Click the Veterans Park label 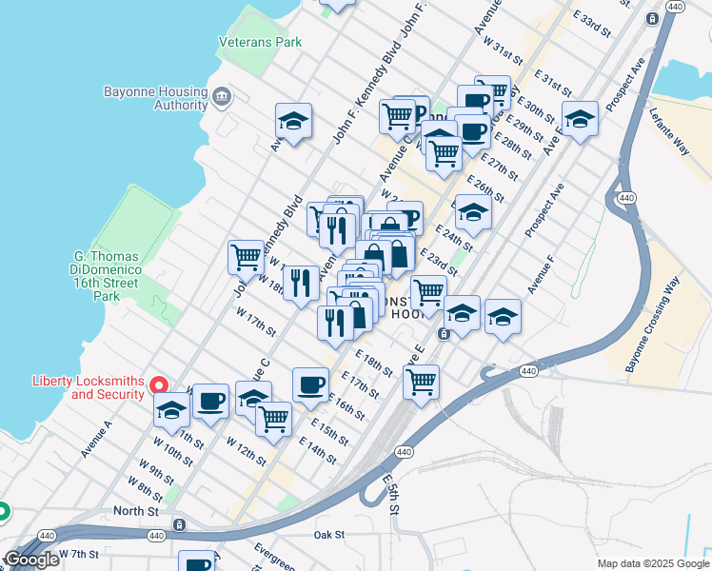[260, 42]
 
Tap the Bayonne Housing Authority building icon [222, 95]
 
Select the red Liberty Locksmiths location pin [160, 385]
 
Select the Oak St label [329, 535]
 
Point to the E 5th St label [392, 495]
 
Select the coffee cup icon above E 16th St [310, 384]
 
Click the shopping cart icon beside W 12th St [273, 418]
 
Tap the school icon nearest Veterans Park [294, 120]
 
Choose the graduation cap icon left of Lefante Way [580, 119]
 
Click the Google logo [31, 560]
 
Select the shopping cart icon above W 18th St [246, 256]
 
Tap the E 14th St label [318, 452]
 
